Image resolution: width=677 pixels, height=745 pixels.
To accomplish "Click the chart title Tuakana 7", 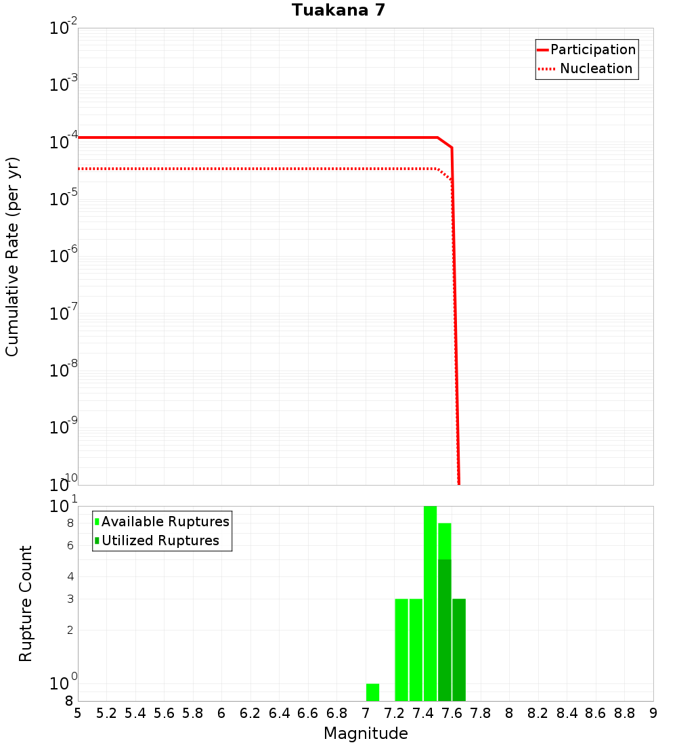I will (x=338, y=10).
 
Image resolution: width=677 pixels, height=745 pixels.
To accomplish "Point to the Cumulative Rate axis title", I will (x=12, y=256).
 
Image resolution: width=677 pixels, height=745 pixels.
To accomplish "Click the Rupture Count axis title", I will (x=26, y=603).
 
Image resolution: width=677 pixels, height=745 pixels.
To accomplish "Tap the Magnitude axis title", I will (x=366, y=733).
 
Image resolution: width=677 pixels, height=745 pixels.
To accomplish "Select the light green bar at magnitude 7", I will (x=372, y=692).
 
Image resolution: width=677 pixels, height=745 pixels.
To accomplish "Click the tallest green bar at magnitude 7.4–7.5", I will (x=430, y=603).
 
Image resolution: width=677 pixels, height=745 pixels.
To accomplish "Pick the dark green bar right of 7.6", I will (x=459, y=650).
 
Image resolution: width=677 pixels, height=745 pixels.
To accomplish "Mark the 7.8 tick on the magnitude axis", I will (x=481, y=713).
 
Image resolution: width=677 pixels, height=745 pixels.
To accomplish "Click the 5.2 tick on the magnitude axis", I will (x=106, y=713).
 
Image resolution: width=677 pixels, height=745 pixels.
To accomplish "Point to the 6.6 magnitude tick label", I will (x=308, y=713).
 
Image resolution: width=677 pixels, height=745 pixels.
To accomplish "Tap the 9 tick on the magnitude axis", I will (x=653, y=713).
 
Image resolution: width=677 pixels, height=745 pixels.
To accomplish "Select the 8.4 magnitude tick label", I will (x=567, y=713).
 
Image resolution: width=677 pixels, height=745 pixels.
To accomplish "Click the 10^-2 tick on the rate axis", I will (x=64, y=29).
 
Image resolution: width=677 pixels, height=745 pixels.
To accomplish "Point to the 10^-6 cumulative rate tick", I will (x=64, y=257).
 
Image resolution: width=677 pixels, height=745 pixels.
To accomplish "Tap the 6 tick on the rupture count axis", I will (x=70, y=545).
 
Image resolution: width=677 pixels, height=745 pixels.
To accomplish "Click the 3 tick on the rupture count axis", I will (x=70, y=599).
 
